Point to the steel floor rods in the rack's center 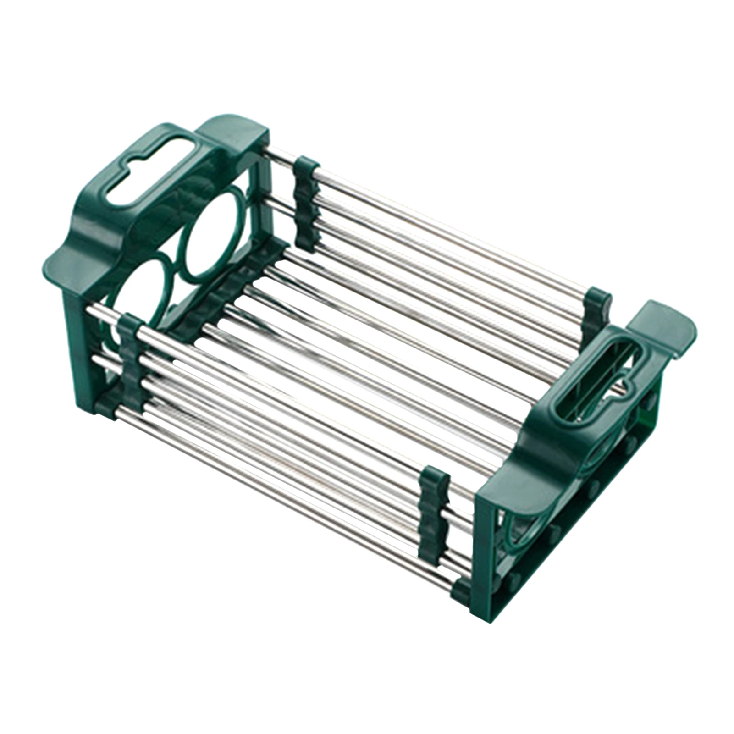[367, 367]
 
